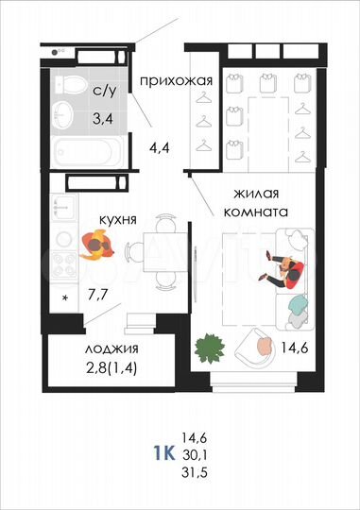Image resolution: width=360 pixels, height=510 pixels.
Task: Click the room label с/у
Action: pos(106,93)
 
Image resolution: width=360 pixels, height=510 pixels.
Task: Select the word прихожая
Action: pos(175,80)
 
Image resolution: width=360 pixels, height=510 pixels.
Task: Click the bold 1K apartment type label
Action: pos(162,451)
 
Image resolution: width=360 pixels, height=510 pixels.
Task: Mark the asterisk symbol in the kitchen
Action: pos(63,299)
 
